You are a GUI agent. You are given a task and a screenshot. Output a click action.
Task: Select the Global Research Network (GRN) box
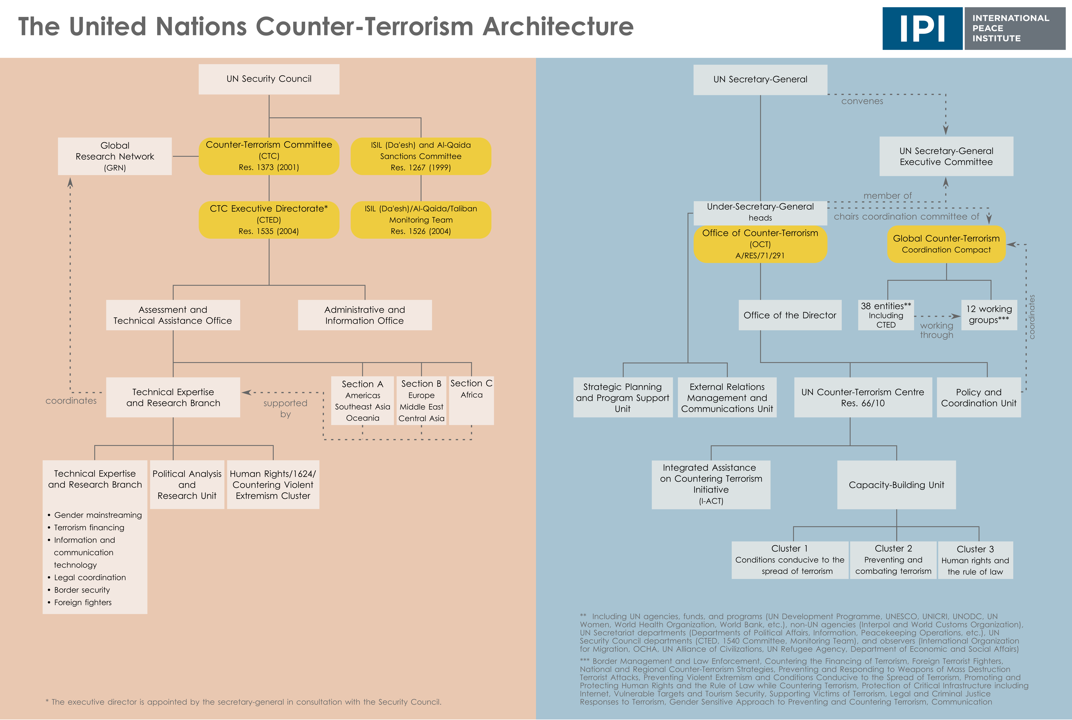(x=115, y=156)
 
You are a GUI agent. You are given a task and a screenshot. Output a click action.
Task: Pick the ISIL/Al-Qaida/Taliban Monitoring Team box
(x=421, y=219)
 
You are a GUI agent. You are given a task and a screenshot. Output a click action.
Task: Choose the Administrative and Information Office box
(x=365, y=315)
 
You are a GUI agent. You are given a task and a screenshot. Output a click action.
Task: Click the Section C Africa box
(x=471, y=400)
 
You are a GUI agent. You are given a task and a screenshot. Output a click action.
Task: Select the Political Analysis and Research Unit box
(x=187, y=484)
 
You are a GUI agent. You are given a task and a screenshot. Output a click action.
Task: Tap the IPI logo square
(x=922, y=28)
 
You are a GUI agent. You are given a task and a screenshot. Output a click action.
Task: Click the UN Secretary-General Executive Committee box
(x=946, y=156)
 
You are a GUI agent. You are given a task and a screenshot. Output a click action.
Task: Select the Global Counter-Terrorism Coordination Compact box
(x=946, y=244)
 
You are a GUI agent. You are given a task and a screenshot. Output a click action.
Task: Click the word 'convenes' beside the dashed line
(x=862, y=101)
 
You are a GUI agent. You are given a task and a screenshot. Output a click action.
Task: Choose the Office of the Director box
(x=790, y=315)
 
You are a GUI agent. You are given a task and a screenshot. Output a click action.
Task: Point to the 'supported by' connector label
(x=285, y=408)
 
